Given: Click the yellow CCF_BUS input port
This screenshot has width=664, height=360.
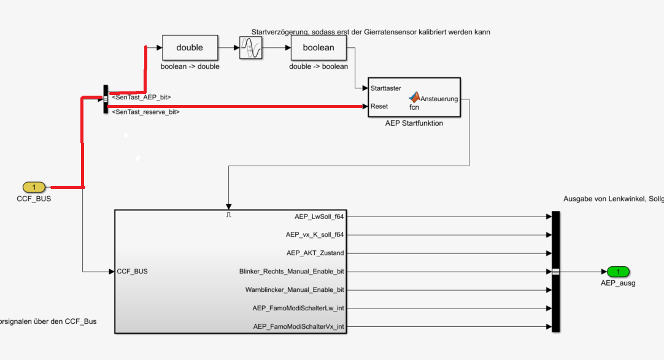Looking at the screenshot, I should pyautogui.click(x=34, y=187).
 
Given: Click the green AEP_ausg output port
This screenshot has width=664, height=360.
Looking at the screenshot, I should pyautogui.click(x=618, y=272).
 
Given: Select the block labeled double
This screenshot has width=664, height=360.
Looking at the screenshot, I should pyautogui.click(x=190, y=47).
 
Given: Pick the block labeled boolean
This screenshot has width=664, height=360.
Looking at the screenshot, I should pyautogui.click(x=318, y=47).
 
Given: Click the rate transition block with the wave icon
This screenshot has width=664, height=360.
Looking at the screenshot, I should pyautogui.click(x=250, y=47).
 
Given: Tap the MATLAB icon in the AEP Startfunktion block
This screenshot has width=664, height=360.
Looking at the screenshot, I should pyautogui.click(x=415, y=97).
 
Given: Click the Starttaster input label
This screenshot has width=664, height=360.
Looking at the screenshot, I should pyautogui.click(x=386, y=88).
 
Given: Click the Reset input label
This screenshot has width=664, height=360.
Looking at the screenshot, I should pyautogui.click(x=379, y=106).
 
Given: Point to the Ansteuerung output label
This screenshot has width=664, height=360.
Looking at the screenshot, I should pyautogui.click(x=439, y=99).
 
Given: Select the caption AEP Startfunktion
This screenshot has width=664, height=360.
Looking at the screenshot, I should pyautogui.click(x=413, y=123).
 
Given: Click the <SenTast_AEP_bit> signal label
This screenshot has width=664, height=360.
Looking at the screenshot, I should pyautogui.click(x=141, y=97).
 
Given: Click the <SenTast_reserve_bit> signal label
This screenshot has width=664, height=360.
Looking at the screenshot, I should pyautogui.click(x=145, y=112).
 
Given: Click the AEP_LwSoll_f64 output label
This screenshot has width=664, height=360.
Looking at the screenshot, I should pyautogui.click(x=319, y=216).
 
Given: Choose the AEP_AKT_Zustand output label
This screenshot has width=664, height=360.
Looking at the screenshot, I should pyautogui.click(x=315, y=253).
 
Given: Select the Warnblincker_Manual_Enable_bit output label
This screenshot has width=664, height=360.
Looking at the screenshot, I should pyautogui.click(x=295, y=289).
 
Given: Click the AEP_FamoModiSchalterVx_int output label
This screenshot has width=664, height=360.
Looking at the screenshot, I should pyautogui.click(x=299, y=326).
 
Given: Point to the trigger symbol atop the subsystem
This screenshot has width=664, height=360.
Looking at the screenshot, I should pyautogui.click(x=228, y=215).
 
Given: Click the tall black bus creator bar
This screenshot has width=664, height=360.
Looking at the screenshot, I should pyautogui.click(x=556, y=271).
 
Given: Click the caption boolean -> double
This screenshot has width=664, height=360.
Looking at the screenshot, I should pyautogui.click(x=190, y=66).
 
